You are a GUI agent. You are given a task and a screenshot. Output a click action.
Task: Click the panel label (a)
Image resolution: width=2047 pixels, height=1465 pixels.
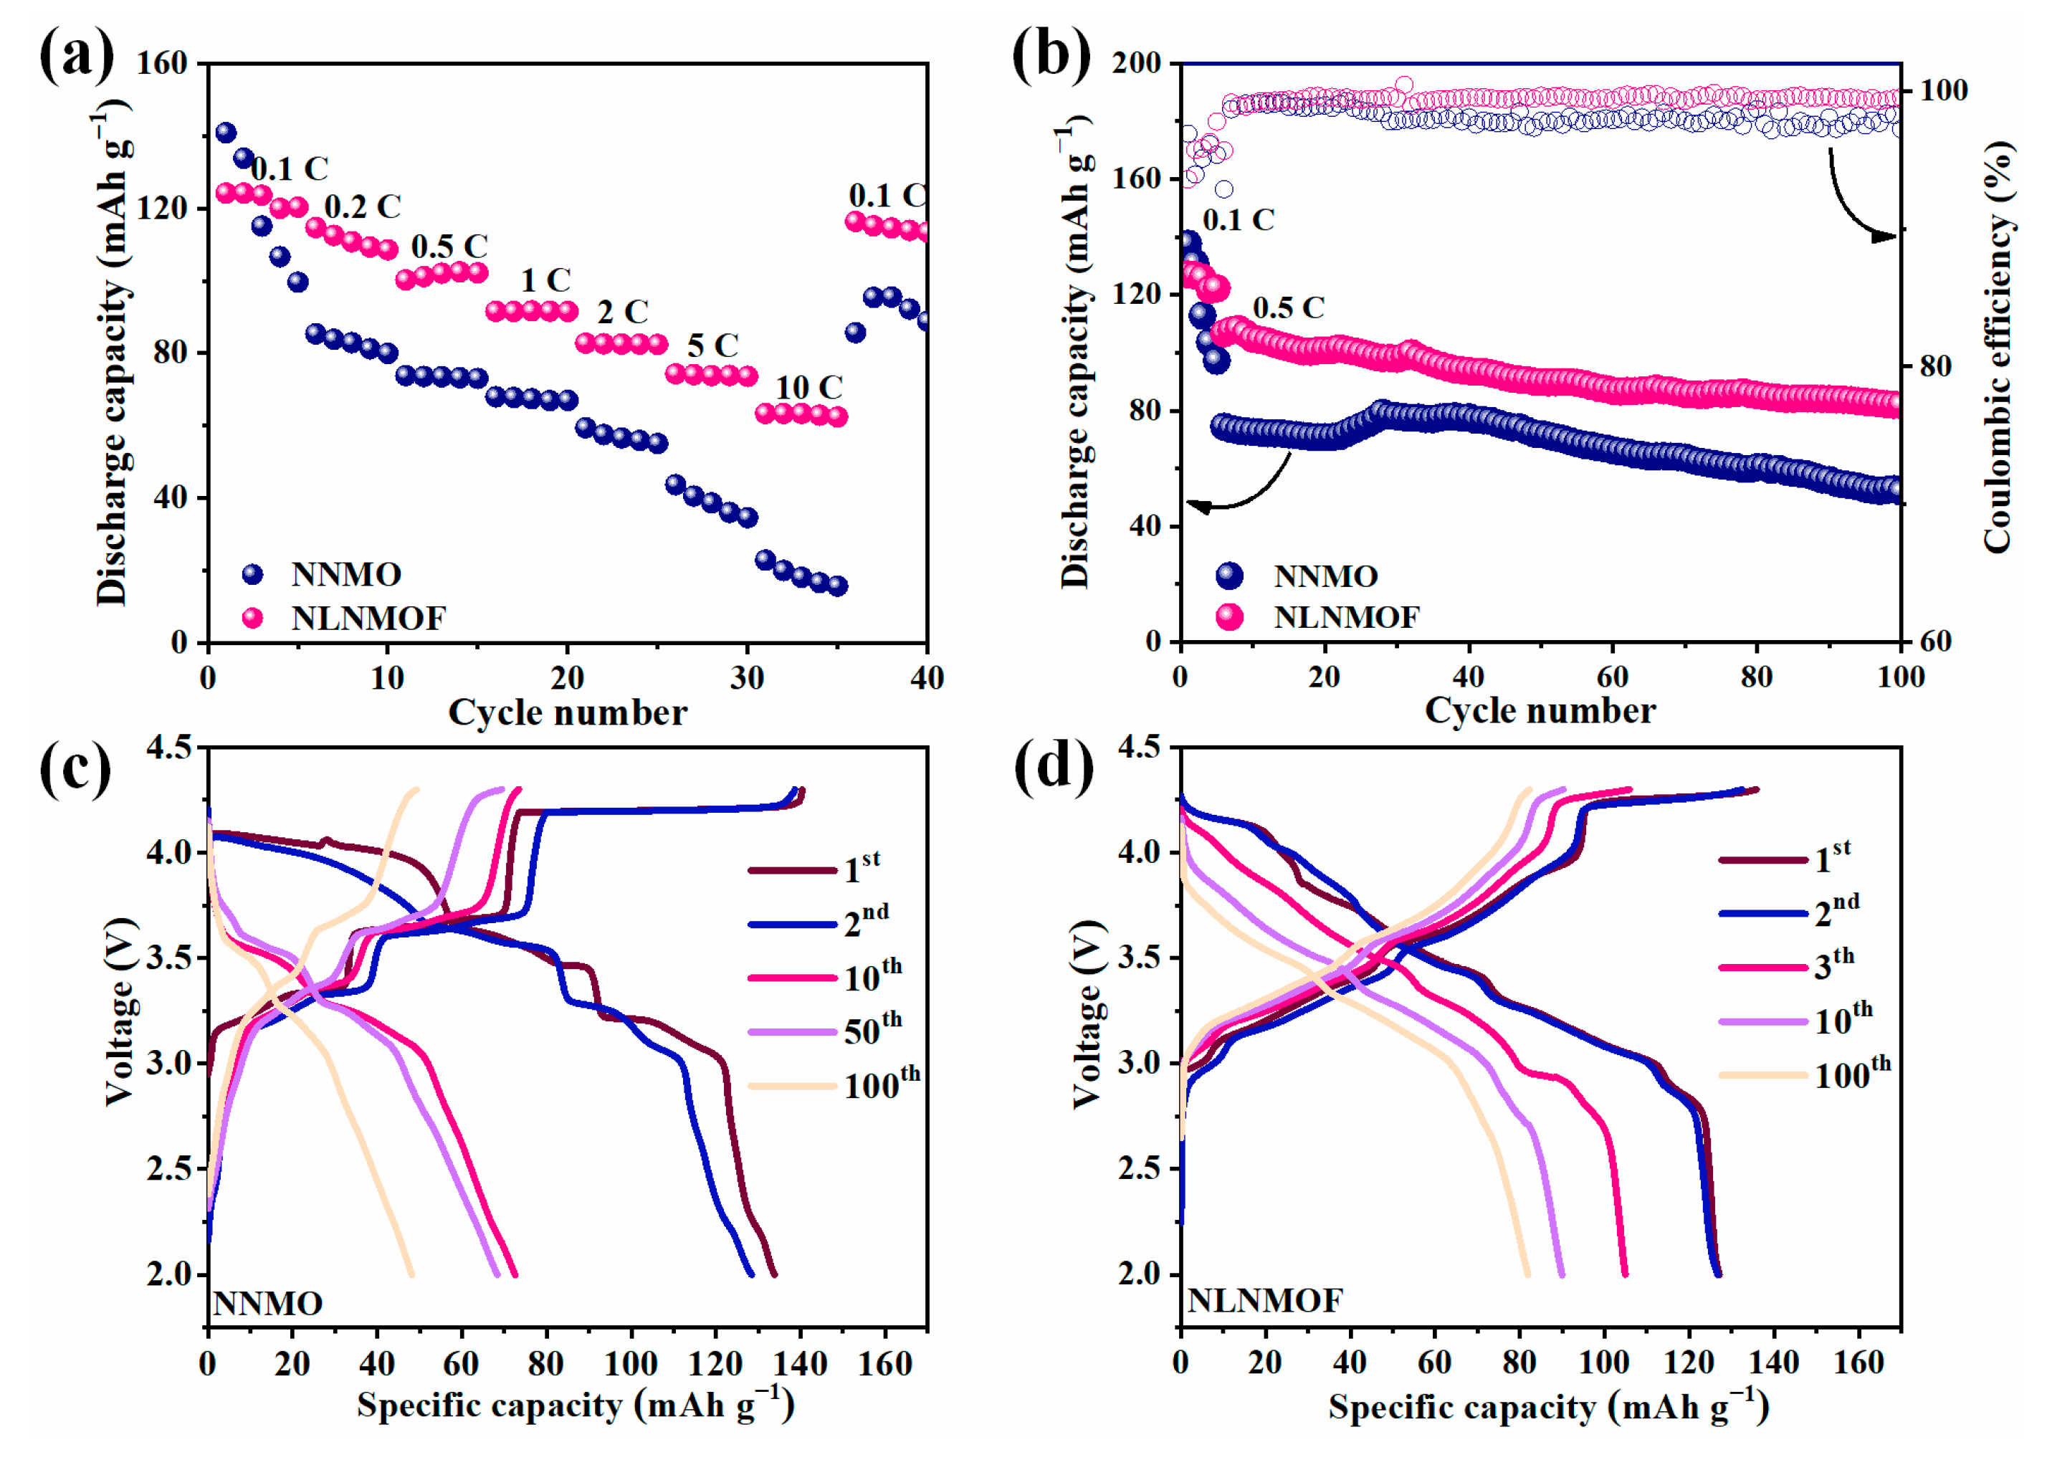pos(76,56)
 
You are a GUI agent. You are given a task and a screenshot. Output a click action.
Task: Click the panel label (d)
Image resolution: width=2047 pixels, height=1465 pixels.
pos(1053,767)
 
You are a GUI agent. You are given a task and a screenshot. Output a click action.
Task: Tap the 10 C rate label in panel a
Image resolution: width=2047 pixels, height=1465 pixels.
pos(808,387)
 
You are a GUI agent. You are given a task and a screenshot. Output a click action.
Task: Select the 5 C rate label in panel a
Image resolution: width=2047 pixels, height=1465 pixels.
pos(712,345)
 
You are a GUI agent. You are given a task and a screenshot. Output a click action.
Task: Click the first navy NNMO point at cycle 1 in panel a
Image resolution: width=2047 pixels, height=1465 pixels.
pos(226,133)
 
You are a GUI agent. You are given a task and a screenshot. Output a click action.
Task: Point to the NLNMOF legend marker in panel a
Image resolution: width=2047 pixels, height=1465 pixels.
pos(252,618)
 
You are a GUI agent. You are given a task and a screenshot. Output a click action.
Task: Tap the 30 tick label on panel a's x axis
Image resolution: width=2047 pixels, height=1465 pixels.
pos(747,678)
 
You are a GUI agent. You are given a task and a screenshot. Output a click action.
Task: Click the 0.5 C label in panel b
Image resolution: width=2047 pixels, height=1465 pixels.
pos(1287,307)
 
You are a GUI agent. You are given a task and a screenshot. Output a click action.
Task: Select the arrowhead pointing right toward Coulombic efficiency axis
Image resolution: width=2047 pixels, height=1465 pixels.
pos(1886,237)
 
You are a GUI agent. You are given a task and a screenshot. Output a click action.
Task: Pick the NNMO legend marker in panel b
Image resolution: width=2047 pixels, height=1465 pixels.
pos(1228,576)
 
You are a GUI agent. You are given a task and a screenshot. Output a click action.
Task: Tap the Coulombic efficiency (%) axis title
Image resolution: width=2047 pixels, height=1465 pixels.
pos(1998,348)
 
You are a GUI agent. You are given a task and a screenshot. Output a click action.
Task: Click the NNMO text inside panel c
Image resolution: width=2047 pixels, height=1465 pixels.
pos(267,1304)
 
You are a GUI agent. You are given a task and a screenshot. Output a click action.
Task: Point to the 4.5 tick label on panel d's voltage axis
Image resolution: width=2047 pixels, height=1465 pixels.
pos(1138,747)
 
